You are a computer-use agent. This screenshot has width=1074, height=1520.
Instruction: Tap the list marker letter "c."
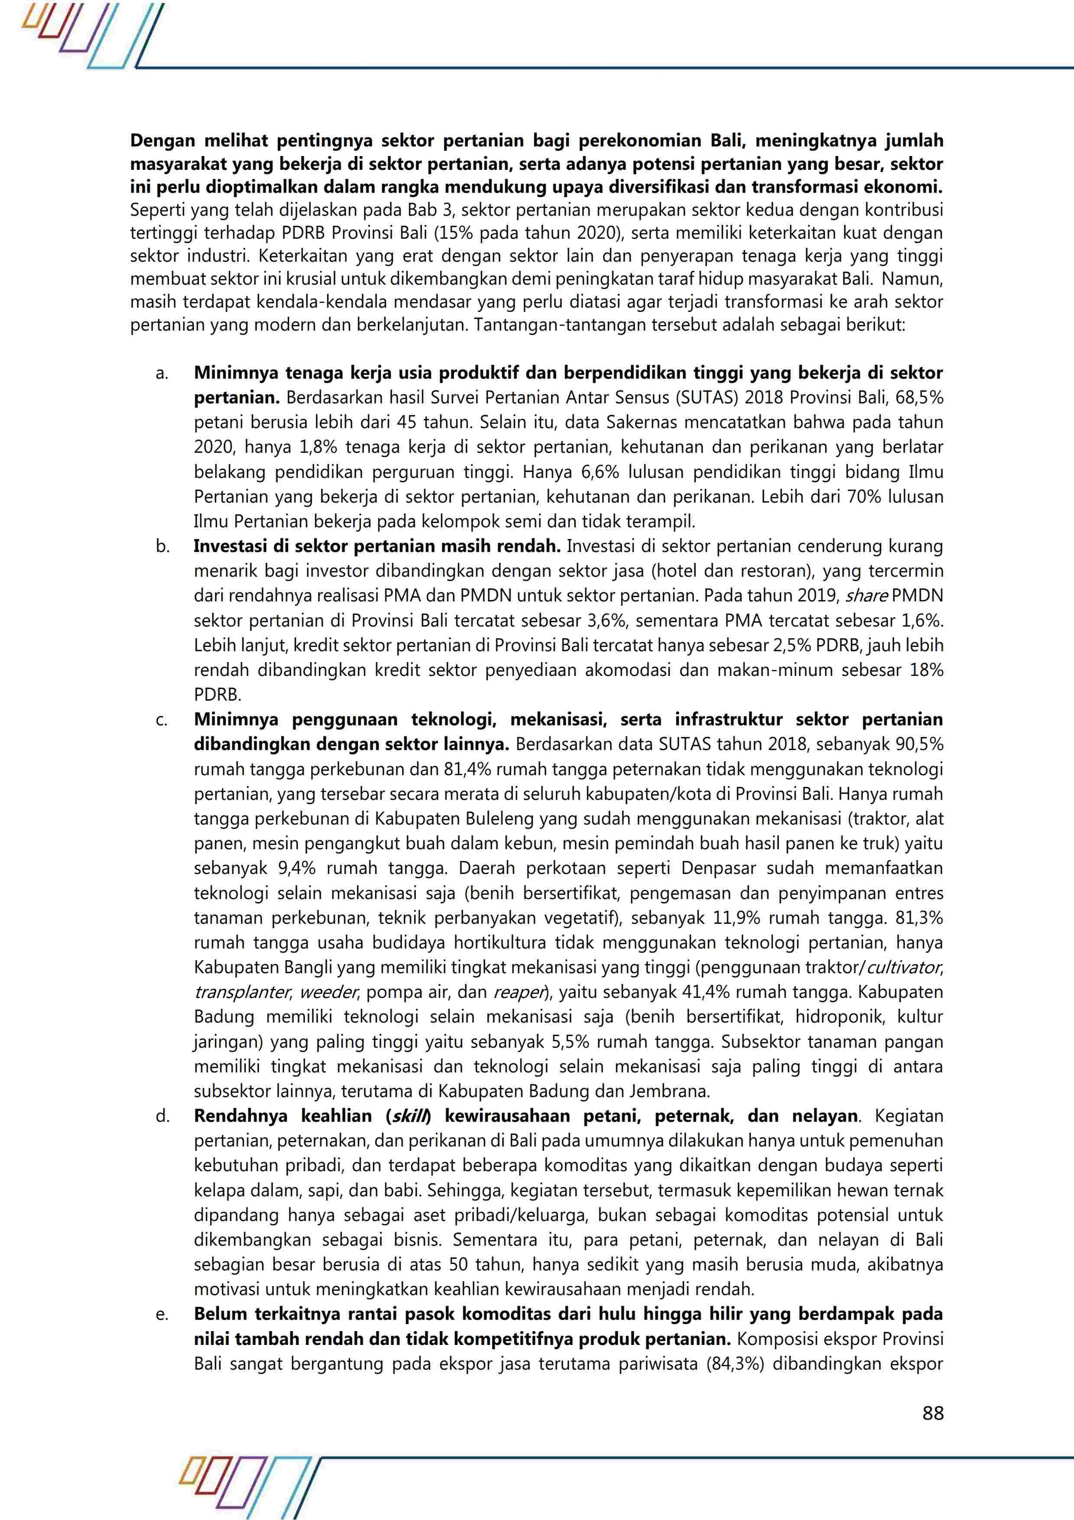pos(162,720)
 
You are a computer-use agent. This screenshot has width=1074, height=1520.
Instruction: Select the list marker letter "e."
pos(162,1315)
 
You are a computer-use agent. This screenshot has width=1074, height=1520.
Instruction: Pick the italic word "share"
pos(866,595)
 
